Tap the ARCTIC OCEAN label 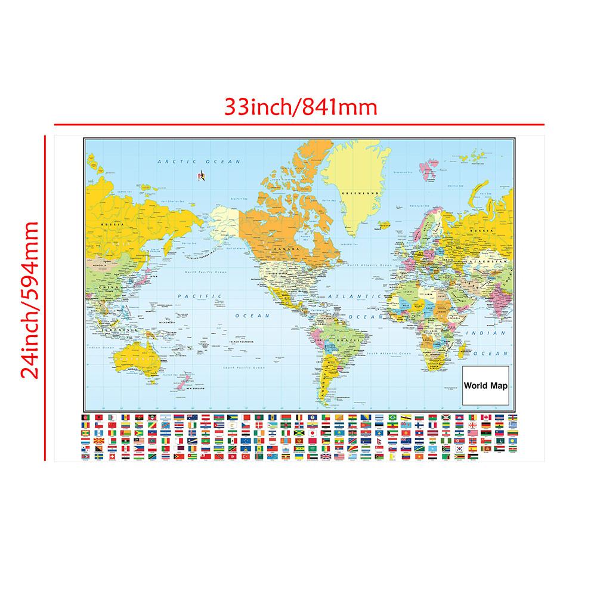click(x=198, y=161)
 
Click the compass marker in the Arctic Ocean click(x=200, y=176)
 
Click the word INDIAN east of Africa click(x=481, y=333)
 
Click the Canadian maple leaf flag click(x=486, y=417)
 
